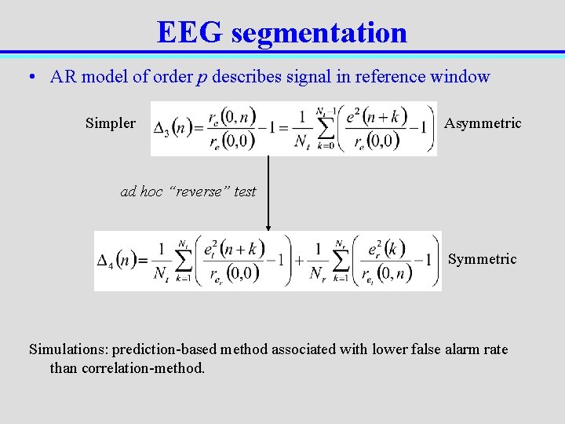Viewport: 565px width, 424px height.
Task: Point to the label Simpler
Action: point(110,123)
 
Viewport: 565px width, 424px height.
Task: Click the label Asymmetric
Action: point(483,123)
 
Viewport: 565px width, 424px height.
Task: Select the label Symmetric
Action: point(482,259)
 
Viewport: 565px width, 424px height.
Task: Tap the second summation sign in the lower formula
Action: point(341,261)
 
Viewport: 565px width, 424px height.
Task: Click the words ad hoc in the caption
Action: point(140,192)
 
